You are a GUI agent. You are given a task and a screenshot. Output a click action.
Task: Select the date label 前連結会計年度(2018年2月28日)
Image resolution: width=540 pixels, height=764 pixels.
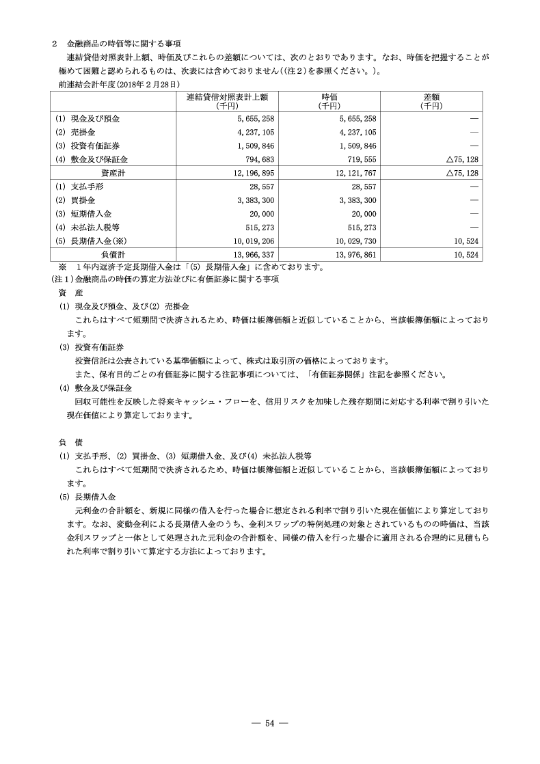120,83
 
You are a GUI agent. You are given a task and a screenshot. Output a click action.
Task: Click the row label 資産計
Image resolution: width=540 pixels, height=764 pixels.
113,173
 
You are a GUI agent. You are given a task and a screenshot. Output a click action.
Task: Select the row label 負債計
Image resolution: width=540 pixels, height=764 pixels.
113,254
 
